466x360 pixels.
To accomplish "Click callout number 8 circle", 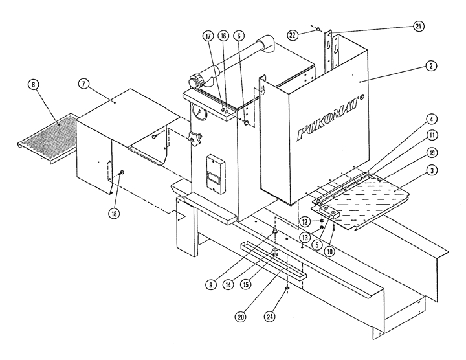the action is (33, 85).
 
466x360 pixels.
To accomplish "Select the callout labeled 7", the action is (83, 84).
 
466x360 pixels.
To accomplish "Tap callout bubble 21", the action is (418, 27).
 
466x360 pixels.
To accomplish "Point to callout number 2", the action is (431, 65).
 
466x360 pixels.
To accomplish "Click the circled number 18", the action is (115, 213).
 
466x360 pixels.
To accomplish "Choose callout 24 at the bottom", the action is (269, 317).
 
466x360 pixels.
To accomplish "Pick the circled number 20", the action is (240, 317).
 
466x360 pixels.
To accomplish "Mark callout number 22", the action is (293, 36).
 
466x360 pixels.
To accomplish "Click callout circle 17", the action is (208, 36).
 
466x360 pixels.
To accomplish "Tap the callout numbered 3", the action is (432, 170).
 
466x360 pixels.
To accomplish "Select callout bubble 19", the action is (432, 153).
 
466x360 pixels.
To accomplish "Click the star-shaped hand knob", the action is (194, 138).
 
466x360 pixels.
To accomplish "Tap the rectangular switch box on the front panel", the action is (216, 173).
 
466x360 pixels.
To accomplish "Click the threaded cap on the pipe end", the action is (195, 81).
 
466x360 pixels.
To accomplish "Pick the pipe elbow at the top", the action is (267, 45).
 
